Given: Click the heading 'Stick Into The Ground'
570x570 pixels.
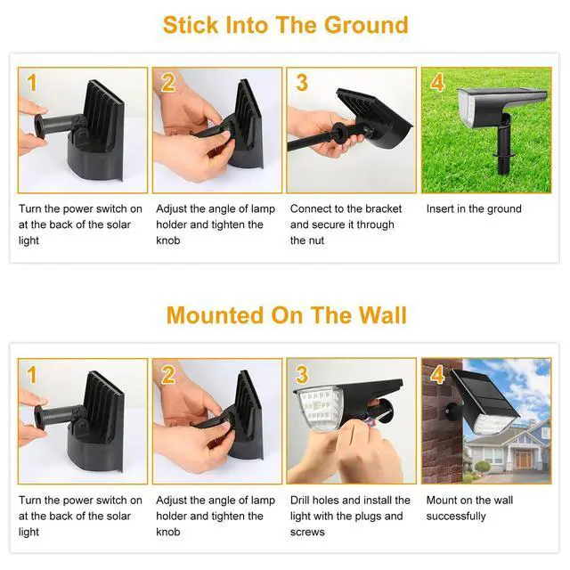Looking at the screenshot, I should pyautogui.click(x=285, y=24).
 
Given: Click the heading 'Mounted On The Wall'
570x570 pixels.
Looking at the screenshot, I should pyautogui.click(x=285, y=315).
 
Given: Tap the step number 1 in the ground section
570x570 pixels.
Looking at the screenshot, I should pyautogui.click(x=32, y=84).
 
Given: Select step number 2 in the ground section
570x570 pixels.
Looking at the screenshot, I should pyautogui.click(x=167, y=84).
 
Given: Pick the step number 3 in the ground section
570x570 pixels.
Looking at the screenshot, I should pyautogui.click(x=301, y=84).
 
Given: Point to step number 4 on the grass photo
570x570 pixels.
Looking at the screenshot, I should pyautogui.click(x=436, y=84).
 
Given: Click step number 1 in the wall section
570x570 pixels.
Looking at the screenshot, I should pyautogui.click(x=32, y=375).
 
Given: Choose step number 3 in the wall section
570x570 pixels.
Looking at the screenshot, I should pyautogui.click(x=301, y=374).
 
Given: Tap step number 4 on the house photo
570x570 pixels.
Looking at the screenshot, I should pyautogui.click(x=436, y=374).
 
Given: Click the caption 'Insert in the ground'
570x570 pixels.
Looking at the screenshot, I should pyautogui.click(x=474, y=209).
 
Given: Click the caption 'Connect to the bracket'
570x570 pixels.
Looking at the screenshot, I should pyautogui.click(x=346, y=209).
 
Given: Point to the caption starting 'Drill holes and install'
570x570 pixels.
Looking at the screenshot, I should pyautogui.click(x=350, y=501).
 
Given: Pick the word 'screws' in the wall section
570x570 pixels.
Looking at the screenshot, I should pyautogui.click(x=307, y=532).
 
